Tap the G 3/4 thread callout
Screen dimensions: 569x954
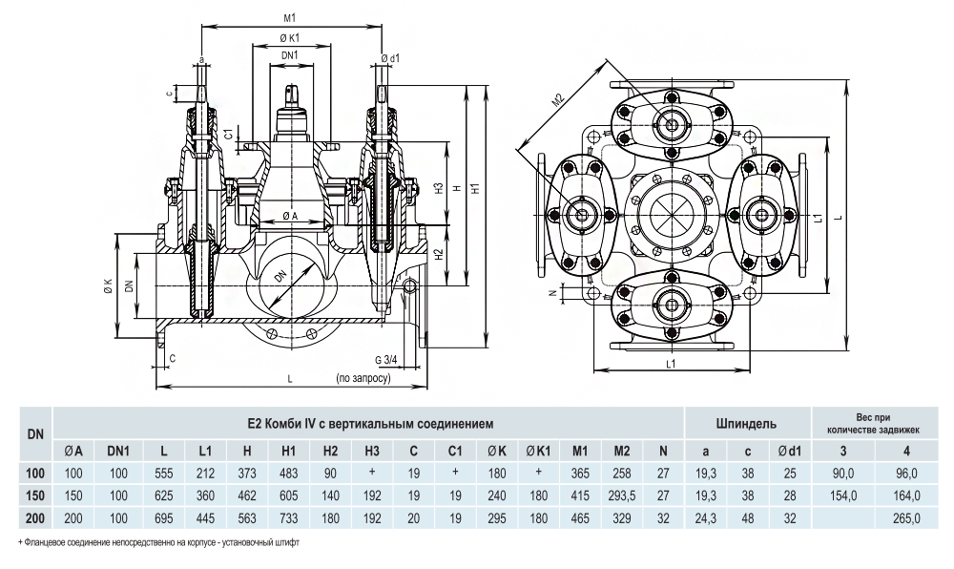[x=386, y=360]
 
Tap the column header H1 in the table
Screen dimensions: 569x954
[x=288, y=450]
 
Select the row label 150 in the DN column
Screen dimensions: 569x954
[x=35, y=495]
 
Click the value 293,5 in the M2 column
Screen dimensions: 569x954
[x=622, y=495]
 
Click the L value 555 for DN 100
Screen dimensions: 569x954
[x=165, y=473]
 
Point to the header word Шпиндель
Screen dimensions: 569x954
[x=745, y=421]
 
